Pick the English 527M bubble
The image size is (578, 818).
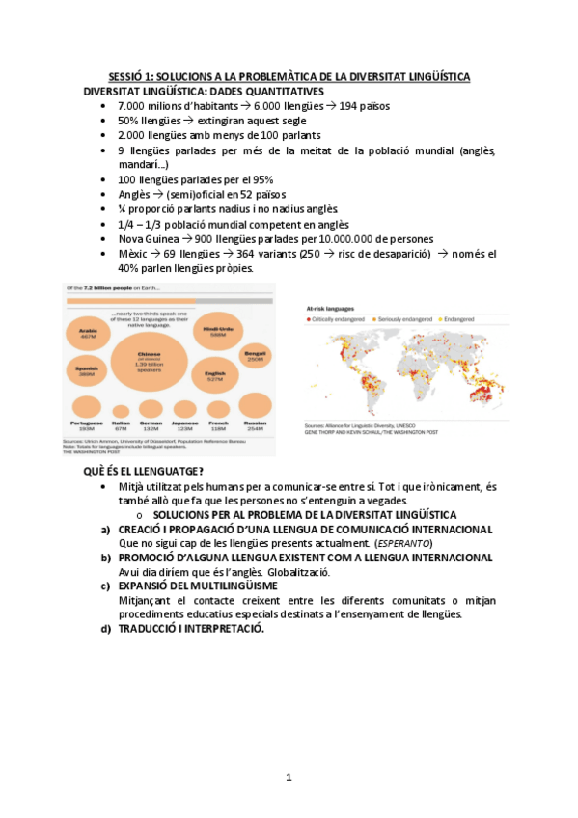click(x=213, y=373)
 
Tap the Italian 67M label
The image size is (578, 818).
click(x=121, y=425)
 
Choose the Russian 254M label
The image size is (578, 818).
click(x=255, y=425)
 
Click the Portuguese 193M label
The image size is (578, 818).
click(x=86, y=425)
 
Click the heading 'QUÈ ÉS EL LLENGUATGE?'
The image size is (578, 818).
click(x=143, y=471)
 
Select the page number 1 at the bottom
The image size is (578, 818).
click(x=289, y=777)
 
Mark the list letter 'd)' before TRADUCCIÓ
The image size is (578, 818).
click(x=105, y=628)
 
